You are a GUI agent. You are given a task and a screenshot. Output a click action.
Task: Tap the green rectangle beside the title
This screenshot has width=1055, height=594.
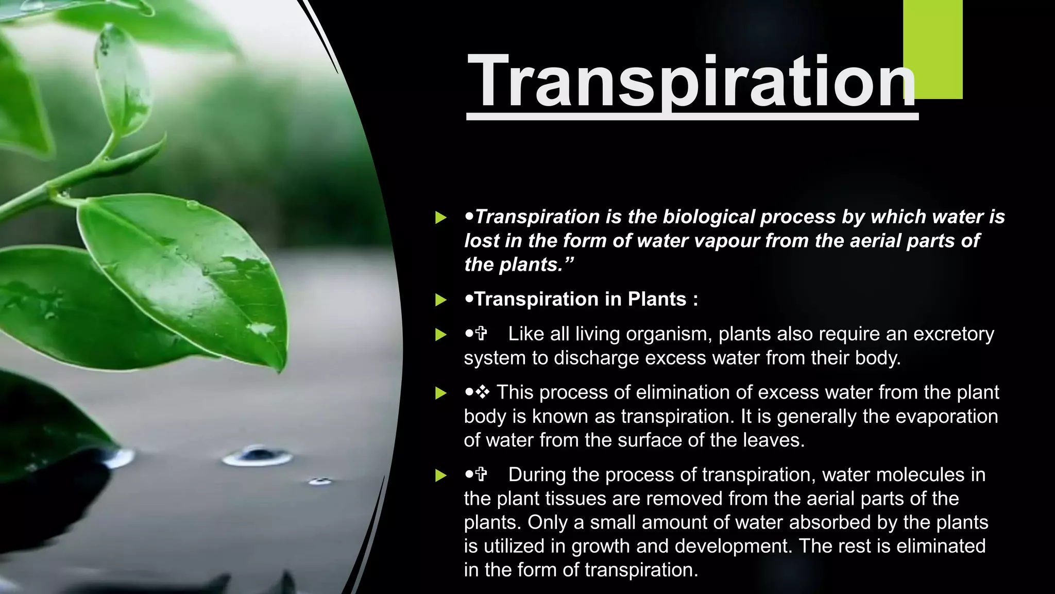(x=933, y=49)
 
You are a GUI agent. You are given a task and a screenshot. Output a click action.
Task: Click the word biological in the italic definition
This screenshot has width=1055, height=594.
(x=709, y=217)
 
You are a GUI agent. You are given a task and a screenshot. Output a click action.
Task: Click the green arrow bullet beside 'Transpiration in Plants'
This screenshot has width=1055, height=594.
(x=440, y=300)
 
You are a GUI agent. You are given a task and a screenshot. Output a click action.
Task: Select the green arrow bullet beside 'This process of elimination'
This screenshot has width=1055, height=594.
(x=440, y=393)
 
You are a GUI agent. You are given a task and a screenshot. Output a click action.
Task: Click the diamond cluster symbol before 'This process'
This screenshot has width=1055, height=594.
(x=483, y=392)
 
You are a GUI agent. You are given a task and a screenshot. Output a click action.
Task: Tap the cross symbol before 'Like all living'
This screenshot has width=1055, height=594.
(x=481, y=334)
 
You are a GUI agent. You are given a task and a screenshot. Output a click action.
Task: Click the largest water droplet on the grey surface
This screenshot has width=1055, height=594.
(x=258, y=455)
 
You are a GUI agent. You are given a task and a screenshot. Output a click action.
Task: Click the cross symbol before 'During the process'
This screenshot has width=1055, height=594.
(x=481, y=474)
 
